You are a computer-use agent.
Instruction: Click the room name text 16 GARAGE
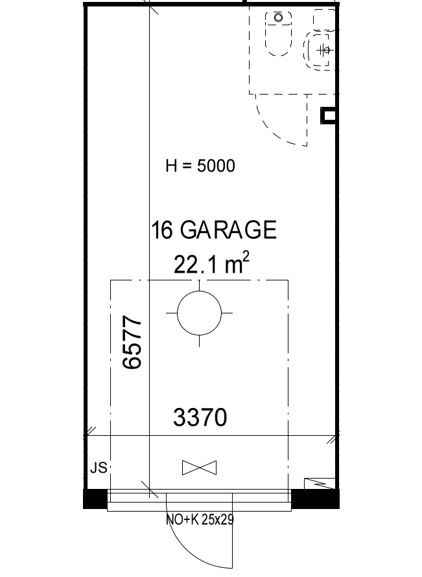click(x=213, y=230)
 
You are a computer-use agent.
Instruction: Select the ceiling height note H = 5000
click(x=200, y=166)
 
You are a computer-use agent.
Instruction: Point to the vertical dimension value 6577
click(x=132, y=341)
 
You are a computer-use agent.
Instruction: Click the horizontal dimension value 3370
click(x=200, y=417)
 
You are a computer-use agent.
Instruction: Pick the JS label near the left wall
click(x=99, y=468)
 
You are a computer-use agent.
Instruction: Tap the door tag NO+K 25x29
click(x=200, y=519)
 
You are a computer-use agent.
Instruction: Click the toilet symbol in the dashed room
click(x=278, y=34)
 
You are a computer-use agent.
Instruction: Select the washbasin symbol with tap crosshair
click(x=320, y=50)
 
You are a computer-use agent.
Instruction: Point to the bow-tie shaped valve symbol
click(x=199, y=468)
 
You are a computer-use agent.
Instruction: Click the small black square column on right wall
click(x=328, y=116)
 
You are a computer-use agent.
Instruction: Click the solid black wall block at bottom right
click(x=315, y=499)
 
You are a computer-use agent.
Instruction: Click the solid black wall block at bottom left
click(x=95, y=499)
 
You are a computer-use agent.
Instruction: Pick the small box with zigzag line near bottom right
click(x=320, y=484)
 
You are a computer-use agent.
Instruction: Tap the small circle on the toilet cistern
click(x=278, y=17)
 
